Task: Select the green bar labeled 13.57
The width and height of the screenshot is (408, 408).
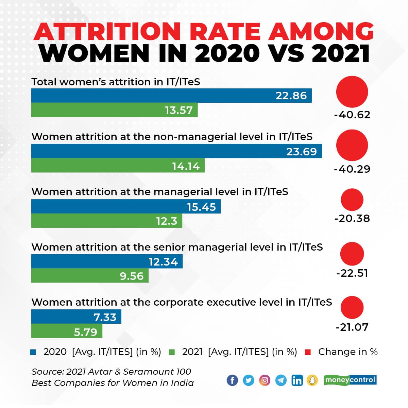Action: pyautogui.click(x=114, y=110)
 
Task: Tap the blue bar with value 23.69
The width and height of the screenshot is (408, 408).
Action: pyautogui.click(x=176, y=151)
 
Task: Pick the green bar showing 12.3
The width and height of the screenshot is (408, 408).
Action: pyautogui.click(x=107, y=221)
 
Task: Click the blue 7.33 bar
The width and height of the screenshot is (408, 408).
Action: pyautogui.click(x=76, y=317)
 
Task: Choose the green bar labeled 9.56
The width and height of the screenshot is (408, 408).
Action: pyautogui.click(x=90, y=276)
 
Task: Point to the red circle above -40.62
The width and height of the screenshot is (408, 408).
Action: pyautogui.click(x=352, y=92)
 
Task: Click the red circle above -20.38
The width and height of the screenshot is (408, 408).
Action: pyautogui.click(x=352, y=200)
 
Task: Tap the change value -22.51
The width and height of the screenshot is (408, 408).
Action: pyautogui.click(x=352, y=273)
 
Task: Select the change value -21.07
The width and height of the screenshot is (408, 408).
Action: pyautogui.click(x=352, y=327)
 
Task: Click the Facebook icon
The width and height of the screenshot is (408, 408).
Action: pyautogui.click(x=232, y=380)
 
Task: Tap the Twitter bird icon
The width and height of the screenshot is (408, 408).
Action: pyautogui.click(x=249, y=380)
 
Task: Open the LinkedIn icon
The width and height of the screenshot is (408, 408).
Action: pyautogui.click(x=297, y=380)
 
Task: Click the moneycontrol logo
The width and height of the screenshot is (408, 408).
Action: pyautogui.click(x=350, y=379)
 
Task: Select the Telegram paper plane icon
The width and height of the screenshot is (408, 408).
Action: pyautogui.click(x=281, y=380)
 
